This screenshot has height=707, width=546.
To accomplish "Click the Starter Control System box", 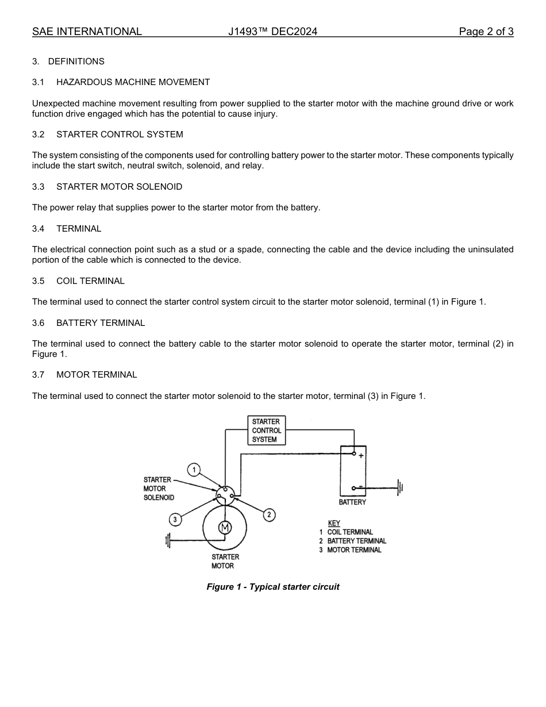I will point(266,431).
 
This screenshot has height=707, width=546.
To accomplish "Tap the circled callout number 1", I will point(194,470).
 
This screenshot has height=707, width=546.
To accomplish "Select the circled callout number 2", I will point(269,514).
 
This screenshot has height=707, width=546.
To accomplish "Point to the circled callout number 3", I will point(175,520).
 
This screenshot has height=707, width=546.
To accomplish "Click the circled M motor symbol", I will point(225,528).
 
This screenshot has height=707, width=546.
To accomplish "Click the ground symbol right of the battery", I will point(400,488).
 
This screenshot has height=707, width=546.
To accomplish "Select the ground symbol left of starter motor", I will point(168,541).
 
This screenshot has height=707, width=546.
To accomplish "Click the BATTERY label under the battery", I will point(352,502).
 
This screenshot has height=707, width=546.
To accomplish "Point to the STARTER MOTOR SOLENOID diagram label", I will point(159,489).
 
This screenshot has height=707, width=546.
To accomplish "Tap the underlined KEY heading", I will point(334,523).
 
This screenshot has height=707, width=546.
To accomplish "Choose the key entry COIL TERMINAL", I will point(350,532).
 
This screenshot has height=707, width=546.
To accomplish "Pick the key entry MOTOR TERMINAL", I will point(354,550).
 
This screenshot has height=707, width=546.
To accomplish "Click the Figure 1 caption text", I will point(273,587).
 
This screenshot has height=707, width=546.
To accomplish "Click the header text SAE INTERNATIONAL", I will point(87,32).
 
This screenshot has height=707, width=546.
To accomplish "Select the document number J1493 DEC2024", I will point(272,32).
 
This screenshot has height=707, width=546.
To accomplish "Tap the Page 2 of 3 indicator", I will point(486,32).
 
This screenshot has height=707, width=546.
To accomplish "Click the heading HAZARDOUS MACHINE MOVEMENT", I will point(133,82).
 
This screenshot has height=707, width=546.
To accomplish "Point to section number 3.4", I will point(39,229).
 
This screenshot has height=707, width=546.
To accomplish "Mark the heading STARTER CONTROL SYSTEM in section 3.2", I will point(120,135).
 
